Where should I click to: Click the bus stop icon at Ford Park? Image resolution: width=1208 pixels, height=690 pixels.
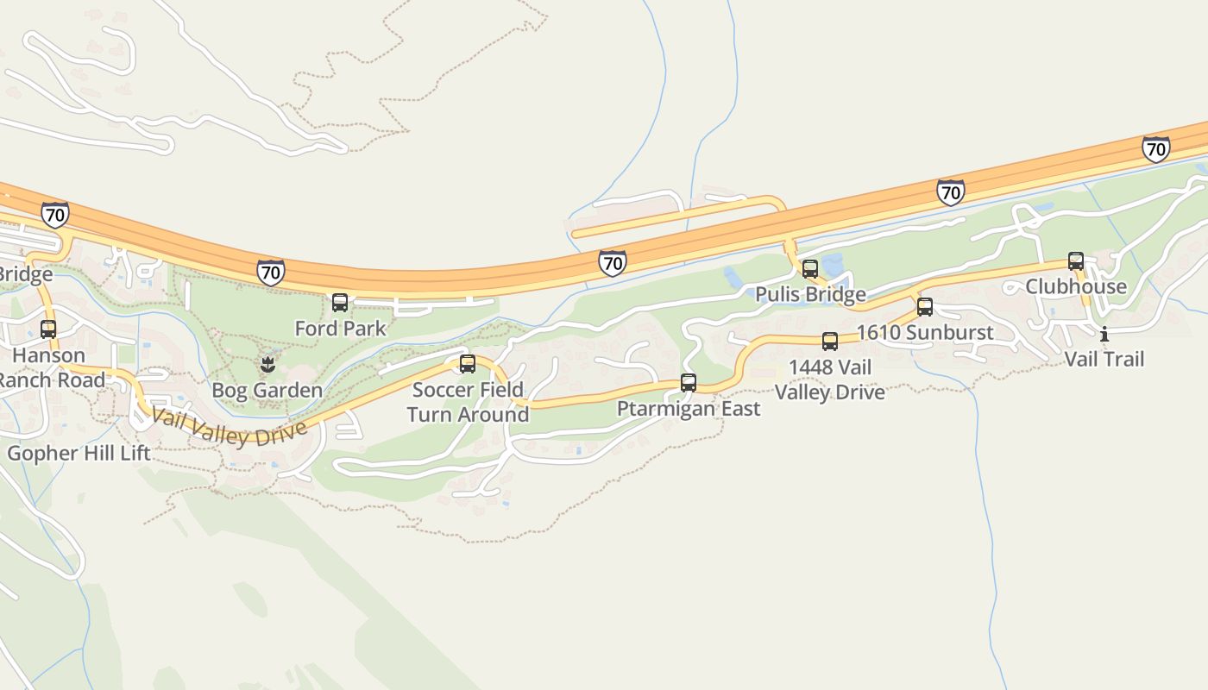tap(340, 303)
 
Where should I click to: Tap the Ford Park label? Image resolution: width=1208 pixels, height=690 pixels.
tap(341, 329)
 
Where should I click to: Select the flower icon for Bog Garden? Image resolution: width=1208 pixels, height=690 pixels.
tap(267, 365)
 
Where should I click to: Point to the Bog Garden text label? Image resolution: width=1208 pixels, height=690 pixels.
tap(267, 391)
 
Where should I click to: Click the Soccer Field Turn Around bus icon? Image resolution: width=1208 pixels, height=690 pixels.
tap(468, 364)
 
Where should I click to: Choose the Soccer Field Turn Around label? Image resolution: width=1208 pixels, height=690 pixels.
tap(468, 402)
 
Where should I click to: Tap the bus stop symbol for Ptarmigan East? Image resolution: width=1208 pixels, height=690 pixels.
tap(689, 383)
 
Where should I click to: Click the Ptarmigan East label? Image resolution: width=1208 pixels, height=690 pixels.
tap(689, 409)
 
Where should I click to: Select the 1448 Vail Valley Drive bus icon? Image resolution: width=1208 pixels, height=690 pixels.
tap(830, 342)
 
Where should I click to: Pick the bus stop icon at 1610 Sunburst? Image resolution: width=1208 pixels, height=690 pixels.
tap(925, 307)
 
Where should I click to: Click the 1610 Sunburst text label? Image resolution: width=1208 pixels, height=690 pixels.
tap(925, 333)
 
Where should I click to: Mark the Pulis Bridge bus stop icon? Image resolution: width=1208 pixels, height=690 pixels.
tap(810, 269)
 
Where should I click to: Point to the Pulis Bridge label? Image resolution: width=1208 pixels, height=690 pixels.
tap(810, 295)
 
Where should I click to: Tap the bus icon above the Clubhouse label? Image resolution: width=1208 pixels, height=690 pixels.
tap(1076, 261)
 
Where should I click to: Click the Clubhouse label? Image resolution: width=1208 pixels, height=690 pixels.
tap(1076, 287)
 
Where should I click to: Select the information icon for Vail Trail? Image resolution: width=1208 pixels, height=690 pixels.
tap(1104, 334)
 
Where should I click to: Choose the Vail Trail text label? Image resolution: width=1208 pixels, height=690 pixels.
tap(1104, 359)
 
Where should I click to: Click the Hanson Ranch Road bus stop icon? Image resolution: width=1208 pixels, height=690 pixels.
tap(48, 329)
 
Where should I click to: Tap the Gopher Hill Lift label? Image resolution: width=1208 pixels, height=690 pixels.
tap(79, 454)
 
